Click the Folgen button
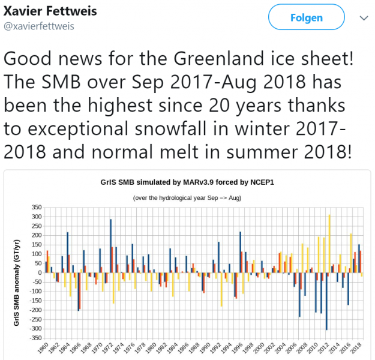point(306,18)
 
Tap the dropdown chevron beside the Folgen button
point(363,19)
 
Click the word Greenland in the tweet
point(212,59)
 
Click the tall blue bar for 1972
point(110,245)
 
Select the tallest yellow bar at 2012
point(329,244)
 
